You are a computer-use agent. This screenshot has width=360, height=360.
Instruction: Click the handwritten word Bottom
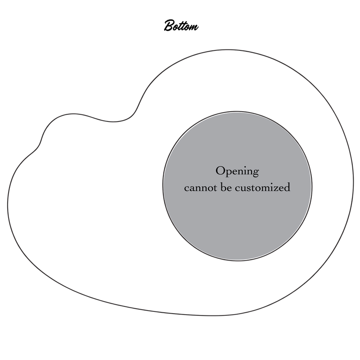click(x=181, y=26)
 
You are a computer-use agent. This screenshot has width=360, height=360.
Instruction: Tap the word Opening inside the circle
click(x=237, y=172)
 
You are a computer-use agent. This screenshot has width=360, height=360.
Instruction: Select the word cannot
click(x=200, y=188)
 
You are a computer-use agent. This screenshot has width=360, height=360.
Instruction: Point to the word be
click(x=226, y=187)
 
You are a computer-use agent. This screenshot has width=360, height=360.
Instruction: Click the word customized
click(x=263, y=187)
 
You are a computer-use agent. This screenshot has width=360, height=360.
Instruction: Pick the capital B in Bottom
click(x=169, y=25)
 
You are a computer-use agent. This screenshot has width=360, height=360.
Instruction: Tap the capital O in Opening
click(x=220, y=171)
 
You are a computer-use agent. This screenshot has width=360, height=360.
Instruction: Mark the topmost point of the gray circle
click(x=237, y=112)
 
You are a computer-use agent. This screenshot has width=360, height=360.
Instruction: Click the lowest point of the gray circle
click(x=238, y=261)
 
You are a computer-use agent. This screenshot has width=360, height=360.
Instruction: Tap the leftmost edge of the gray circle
click(x=163, y=186)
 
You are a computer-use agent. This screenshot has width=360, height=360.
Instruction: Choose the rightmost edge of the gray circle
click(x=312, y=186)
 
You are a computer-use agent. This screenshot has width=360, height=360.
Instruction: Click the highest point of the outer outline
click(x=227, y=49)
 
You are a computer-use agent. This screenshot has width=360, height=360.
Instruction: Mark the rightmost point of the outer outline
click(x=354, y=181)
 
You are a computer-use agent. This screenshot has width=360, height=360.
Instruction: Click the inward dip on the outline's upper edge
click(x=113, y=121)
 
